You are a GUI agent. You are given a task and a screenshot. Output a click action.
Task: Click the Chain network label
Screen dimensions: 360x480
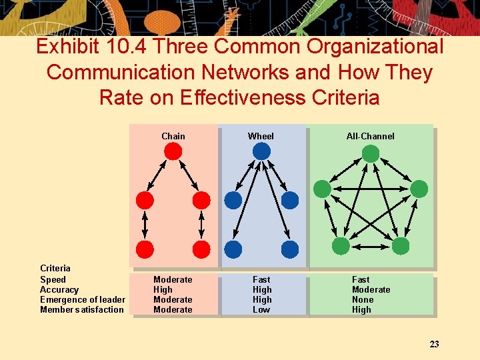173,136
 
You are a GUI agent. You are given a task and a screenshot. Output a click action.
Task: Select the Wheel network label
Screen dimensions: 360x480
261,136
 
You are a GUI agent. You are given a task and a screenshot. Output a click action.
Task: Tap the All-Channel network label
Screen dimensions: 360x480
370,136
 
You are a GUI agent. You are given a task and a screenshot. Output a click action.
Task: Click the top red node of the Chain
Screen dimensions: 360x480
173,152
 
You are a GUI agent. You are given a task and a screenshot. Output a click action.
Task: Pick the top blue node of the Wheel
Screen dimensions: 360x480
261,151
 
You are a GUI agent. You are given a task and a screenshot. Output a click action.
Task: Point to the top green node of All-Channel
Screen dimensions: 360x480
371,154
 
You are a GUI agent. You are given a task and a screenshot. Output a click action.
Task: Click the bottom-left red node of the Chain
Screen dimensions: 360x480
145,249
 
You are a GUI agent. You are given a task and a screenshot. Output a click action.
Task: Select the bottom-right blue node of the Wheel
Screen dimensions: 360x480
290,249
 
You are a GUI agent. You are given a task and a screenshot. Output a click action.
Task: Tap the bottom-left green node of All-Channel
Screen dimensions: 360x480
341,247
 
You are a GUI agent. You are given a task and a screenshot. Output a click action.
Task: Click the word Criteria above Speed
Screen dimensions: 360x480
55,268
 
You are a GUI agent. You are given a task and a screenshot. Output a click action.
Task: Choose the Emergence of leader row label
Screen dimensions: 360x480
82,299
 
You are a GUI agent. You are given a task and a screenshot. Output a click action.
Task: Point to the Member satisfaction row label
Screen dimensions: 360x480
81,309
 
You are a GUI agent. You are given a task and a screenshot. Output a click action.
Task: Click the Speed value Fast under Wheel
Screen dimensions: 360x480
261,279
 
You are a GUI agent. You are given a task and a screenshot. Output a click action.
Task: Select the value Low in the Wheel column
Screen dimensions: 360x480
261,309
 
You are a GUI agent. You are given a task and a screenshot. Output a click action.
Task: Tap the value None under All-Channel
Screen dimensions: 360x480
363,299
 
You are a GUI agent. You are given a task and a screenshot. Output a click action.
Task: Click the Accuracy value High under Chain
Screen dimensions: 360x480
163,289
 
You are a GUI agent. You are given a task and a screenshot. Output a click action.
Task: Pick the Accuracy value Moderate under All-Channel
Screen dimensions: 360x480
371,289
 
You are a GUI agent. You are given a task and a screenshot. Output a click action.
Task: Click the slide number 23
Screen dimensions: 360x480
434,344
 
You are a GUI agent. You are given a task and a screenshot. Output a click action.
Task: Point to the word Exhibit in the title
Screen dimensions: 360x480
71,47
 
